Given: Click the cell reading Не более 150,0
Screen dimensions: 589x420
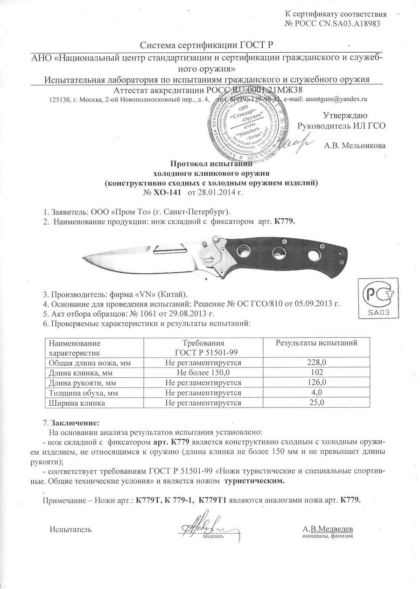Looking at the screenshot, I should [x=203, y=372].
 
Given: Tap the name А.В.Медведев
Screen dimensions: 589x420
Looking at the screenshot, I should [x=328, y=529].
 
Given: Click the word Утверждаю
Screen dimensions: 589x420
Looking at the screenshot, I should [x=345, y=115].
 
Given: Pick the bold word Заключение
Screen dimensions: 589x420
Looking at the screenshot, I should [x=74, y=423].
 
